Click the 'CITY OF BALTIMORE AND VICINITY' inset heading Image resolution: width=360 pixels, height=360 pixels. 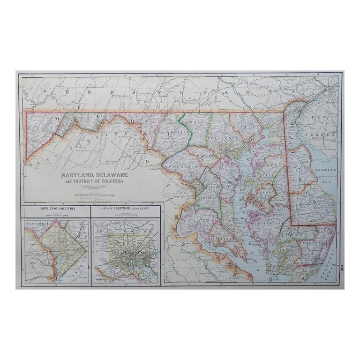pyautogui.click(x=126, y=208)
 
